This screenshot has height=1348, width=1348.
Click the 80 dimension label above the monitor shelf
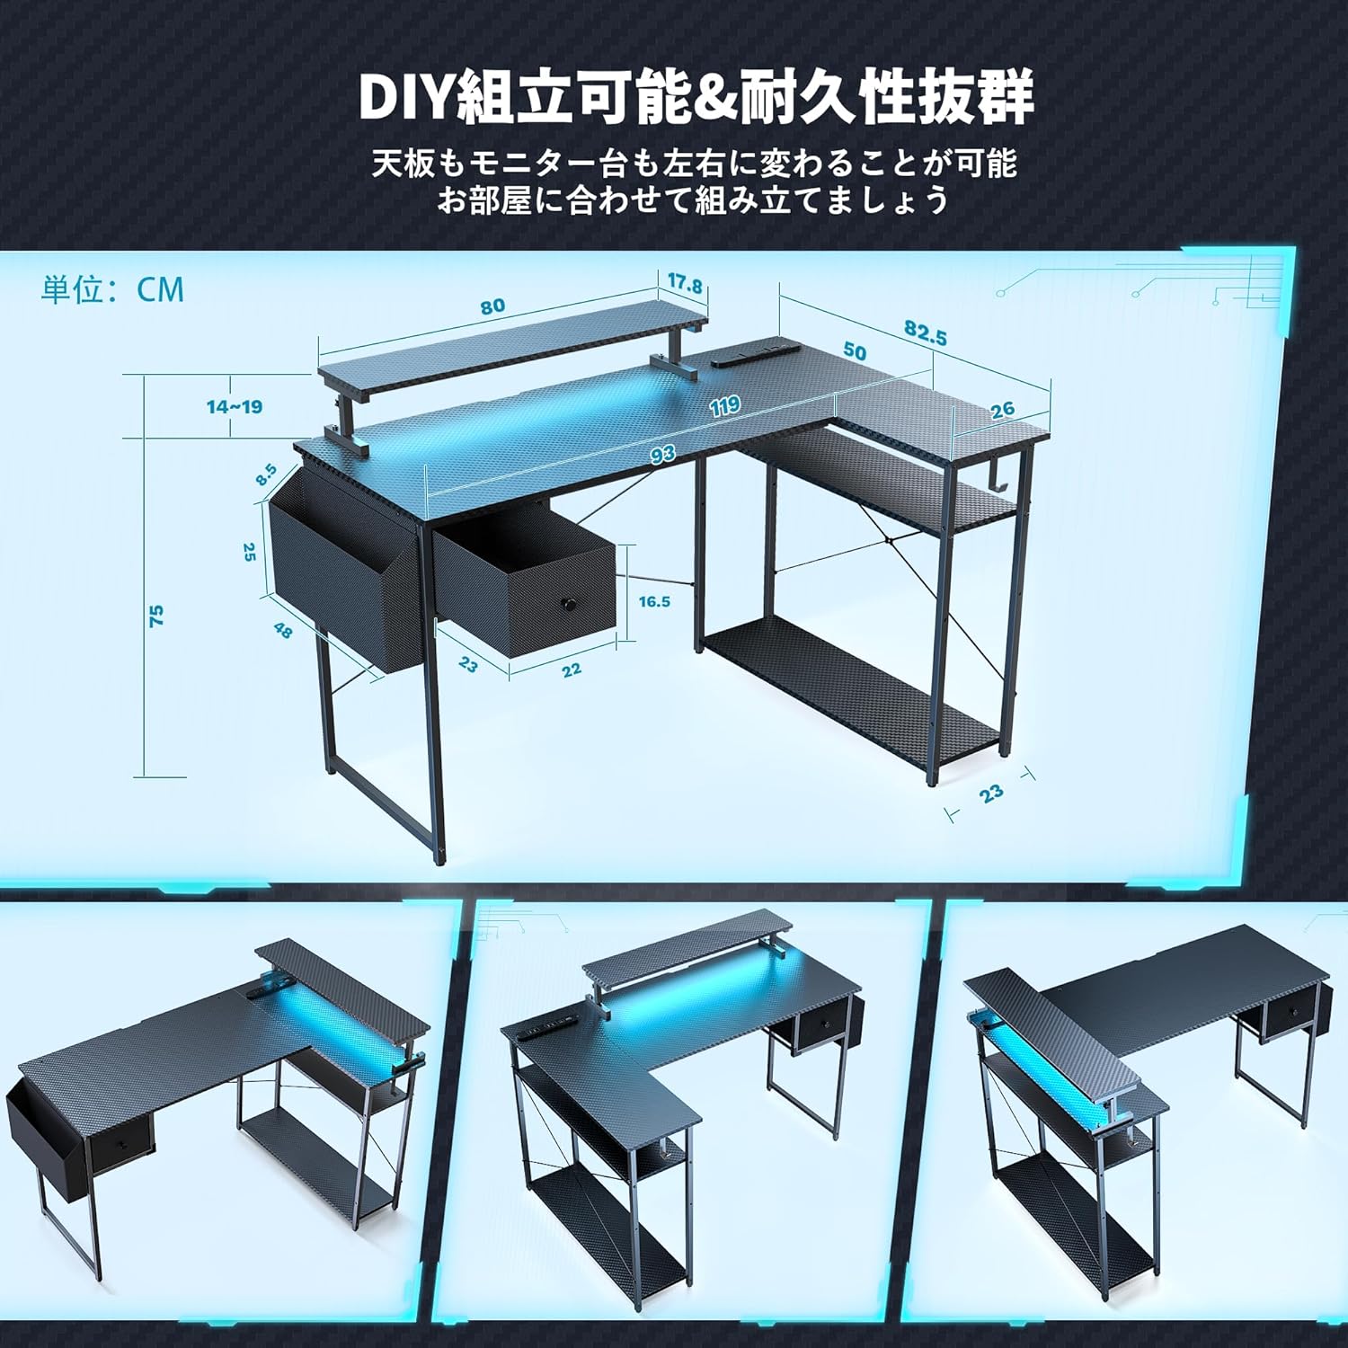point(492,306)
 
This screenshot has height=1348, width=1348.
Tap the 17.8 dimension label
point(684,285)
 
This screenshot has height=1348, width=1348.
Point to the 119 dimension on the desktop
point(724,406)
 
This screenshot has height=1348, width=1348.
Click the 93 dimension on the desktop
point(663,455)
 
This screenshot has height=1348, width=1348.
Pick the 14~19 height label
point(235,407)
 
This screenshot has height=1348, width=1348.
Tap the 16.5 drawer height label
point(654,602)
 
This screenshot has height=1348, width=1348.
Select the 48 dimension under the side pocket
point(283,631)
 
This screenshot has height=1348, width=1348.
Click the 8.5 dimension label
point(266,474)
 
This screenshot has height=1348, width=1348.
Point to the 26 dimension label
point(1002,410)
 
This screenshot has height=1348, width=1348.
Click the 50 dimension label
point(855,351)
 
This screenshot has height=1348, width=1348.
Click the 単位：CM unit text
point(112,289)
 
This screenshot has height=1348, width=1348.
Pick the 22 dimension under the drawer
point(572,670)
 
